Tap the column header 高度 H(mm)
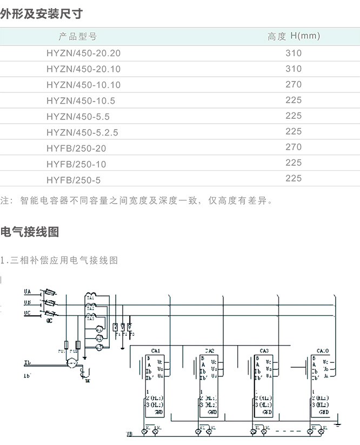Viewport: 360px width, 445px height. [x=294, y=37]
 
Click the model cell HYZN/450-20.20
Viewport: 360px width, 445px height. [x=83, y=53]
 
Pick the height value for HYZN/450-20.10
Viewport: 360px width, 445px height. [x=294, y=69]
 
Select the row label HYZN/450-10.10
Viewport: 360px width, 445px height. [x=83, y=85]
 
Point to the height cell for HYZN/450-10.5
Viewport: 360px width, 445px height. [x=294, y=100]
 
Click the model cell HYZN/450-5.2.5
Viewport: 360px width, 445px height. [x=82, y=132]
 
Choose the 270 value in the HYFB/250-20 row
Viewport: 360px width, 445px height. [x=294, y=147]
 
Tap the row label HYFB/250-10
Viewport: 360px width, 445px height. [x=76, y=164]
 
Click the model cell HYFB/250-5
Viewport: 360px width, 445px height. [x=74, y=179]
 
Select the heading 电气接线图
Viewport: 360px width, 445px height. [x=30, y=232]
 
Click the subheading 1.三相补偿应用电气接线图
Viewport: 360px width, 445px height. [x=59, y=260]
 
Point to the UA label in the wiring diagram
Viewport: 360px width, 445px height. [x=27, y=292]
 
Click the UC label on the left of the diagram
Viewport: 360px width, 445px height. [x=27, y=313]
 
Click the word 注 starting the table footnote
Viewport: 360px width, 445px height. [x=5, y=201]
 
